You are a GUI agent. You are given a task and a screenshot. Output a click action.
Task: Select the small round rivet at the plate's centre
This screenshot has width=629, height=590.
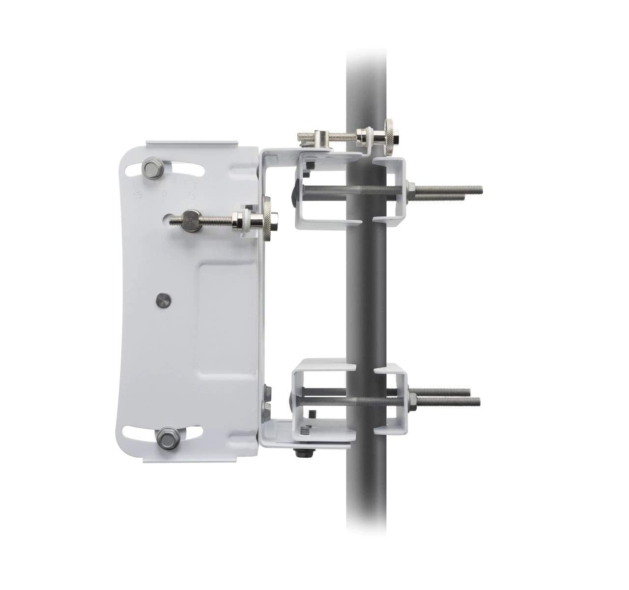(x=161, y=298)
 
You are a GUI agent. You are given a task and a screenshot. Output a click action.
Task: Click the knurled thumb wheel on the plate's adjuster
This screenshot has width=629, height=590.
(x=268, y=219)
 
